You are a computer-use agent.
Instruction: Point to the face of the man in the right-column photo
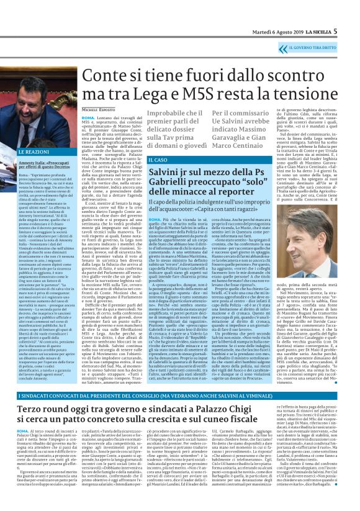click(x=320, y=221)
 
